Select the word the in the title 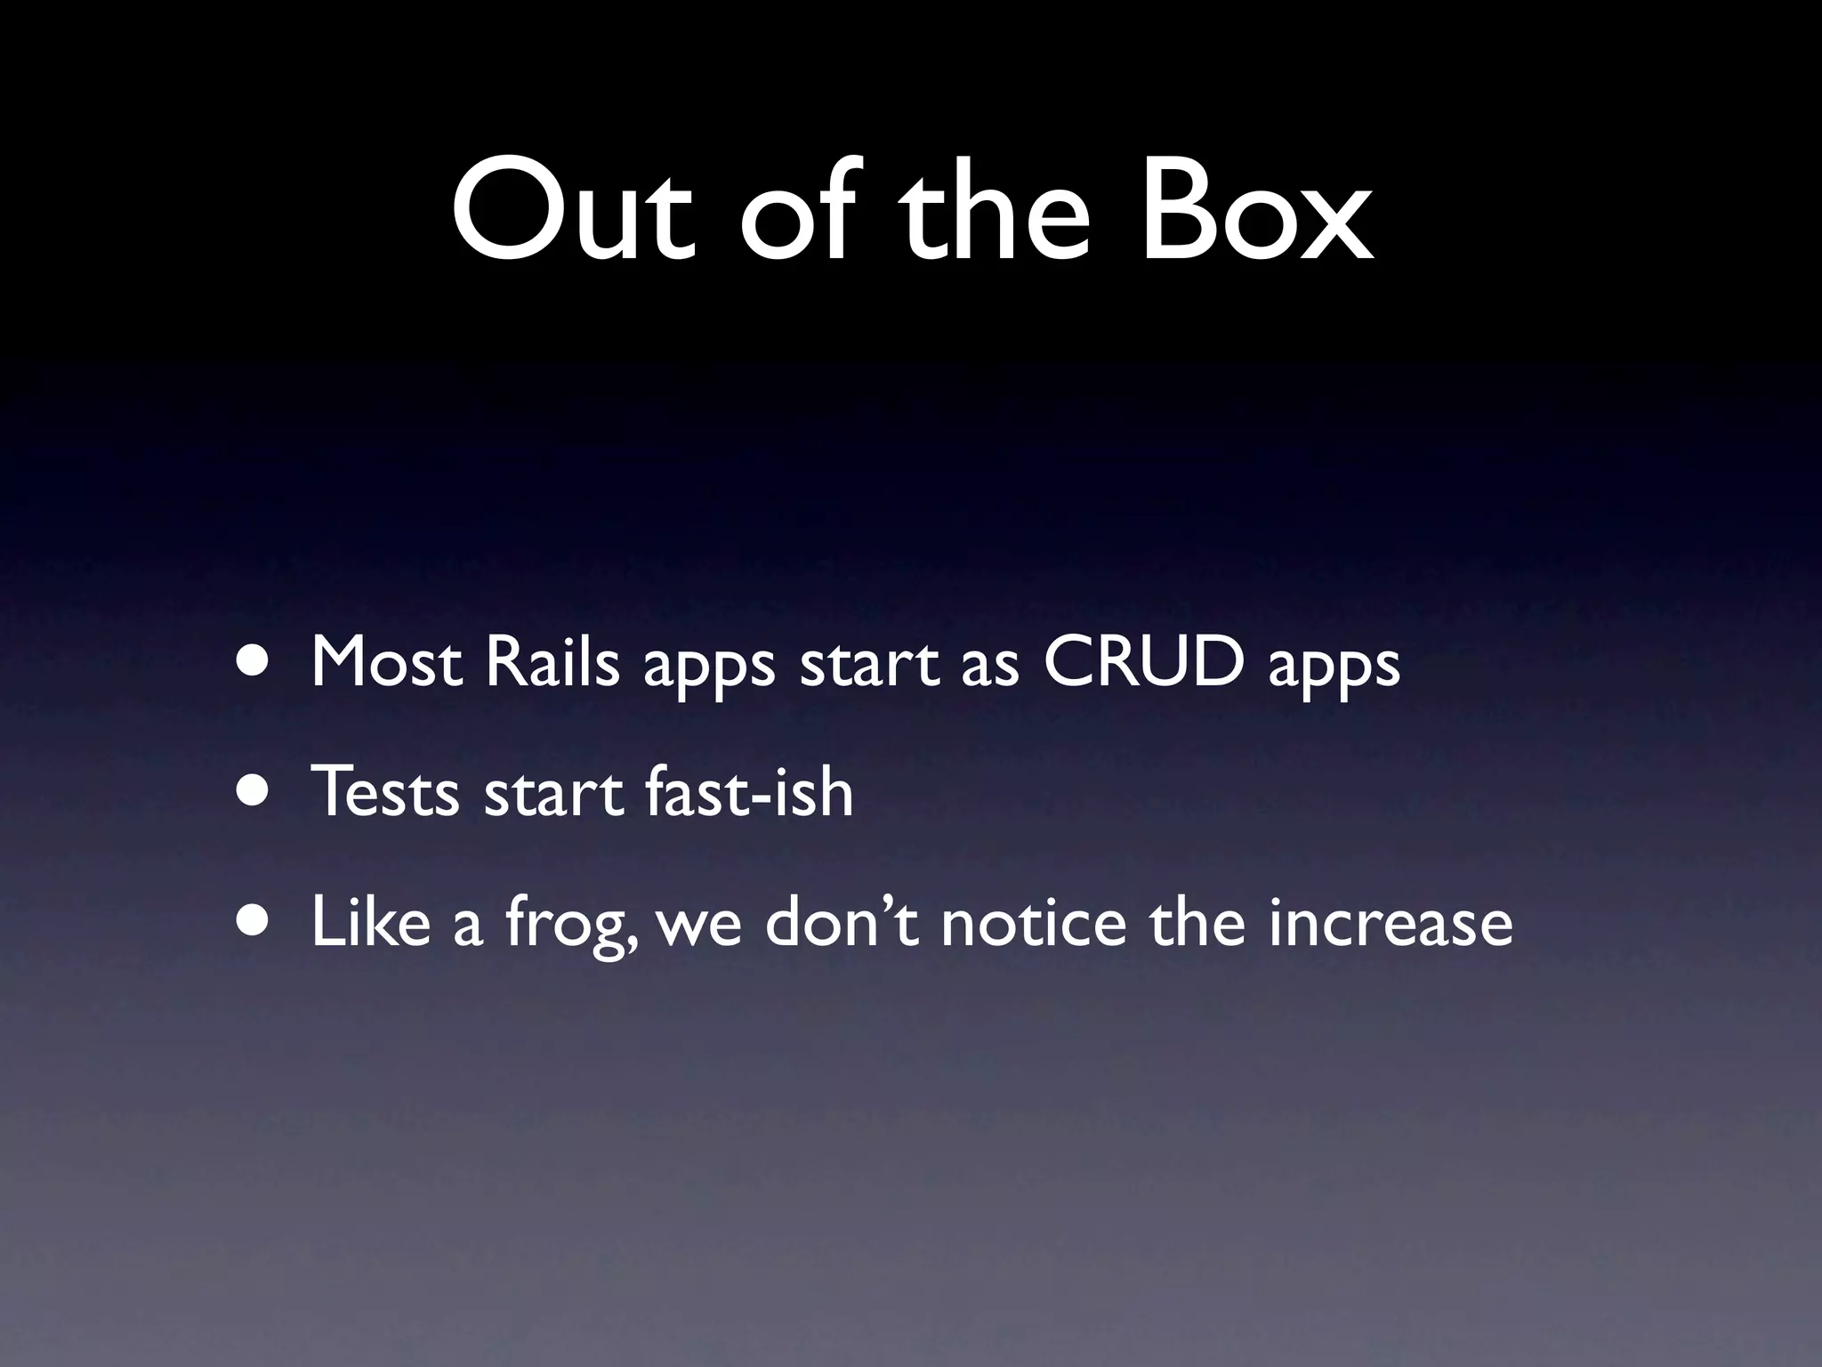pos(996,213)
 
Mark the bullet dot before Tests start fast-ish pos(254,791)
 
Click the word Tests pos(384,791)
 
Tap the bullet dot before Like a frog pos(254,921)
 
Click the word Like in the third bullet pos(370,921)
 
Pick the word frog pos(569,926)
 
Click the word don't pos(840,921)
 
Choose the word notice pos(1032,921)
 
